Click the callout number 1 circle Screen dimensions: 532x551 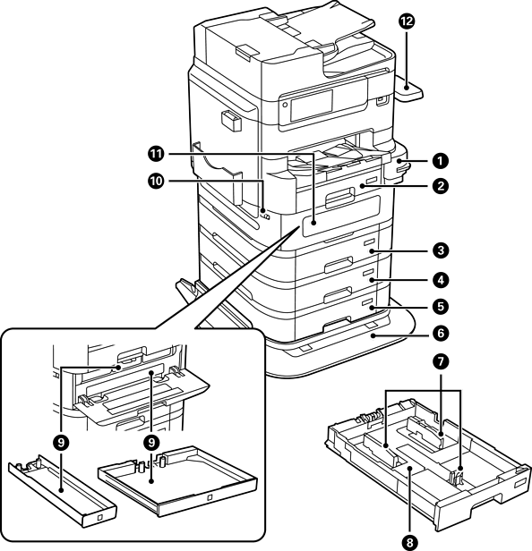point(440,161)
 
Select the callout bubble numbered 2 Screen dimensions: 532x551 point(440,185)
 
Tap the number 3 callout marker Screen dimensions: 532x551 point(440,250)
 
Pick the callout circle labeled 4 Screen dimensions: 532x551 point(440,280)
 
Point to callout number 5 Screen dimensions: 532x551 point(440,306)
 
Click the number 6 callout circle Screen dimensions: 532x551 point(440,333)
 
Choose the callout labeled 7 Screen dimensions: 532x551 point(440,362)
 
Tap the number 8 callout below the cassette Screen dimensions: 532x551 point(409,543)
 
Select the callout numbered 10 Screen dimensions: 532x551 point(156,182)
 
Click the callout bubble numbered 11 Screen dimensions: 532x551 point(156,154)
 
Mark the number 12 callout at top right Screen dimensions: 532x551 point(407,21)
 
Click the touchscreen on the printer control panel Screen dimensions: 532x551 point(312,105)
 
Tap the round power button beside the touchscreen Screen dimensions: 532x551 point(285,104)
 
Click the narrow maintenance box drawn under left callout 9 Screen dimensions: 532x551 point(63,491)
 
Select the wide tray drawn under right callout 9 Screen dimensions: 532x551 point(178,480)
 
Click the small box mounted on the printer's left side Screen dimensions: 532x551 point(231,122)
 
